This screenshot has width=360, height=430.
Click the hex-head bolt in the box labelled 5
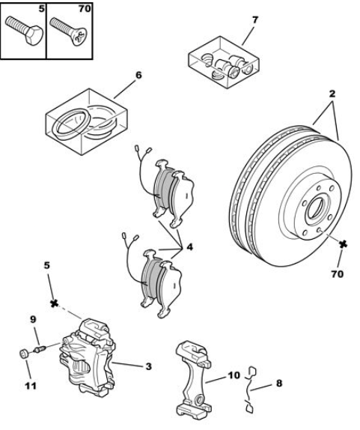(25, 30)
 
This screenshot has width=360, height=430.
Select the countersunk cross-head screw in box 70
(69, 31)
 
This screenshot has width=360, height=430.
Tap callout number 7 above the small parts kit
(254, 20)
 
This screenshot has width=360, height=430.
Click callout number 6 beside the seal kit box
(138, 75)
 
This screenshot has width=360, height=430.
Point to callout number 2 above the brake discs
(332, 94)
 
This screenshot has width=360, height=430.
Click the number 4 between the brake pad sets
(189, 247)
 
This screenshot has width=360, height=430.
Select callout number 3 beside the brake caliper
(148, 366)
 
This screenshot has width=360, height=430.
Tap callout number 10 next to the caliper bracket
(234, 375)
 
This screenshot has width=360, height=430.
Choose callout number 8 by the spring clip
(279, 383)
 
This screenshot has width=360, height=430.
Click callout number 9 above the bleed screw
(33, 319)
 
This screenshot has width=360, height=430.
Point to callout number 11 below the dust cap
(31, 386)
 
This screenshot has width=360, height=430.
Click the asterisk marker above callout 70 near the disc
(343, 244)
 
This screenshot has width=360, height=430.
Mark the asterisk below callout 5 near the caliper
(55, 303)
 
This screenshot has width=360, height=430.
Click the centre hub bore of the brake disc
(315, 208)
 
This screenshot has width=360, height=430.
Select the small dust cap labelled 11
(24, 354)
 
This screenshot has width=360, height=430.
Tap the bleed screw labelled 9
(40, 349)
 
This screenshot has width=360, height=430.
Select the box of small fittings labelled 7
(224, 62)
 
